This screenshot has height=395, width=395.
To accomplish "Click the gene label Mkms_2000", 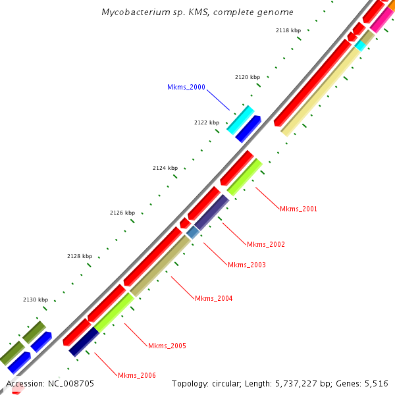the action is [x=186, y=87].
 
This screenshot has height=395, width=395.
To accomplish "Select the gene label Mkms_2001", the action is [x=298, y=209].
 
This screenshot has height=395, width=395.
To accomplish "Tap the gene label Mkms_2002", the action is [x=266, y=244].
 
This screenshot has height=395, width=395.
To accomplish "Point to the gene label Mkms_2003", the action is [x=247, y=265].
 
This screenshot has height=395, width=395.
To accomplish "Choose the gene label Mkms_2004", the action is [x=213, y=298].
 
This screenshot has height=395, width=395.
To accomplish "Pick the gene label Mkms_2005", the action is [x=167, y=346].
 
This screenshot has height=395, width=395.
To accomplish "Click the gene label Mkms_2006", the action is [x=137, y=375].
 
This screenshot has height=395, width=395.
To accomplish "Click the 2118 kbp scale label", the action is [x=288, y=30].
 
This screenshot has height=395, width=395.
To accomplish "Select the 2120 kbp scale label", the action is [x=248, y=77].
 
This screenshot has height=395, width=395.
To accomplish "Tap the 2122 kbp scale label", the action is [x=207, y=122].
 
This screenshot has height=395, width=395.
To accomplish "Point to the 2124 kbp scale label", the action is [x=165, y=168].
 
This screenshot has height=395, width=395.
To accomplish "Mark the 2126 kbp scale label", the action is [x=122, y=213].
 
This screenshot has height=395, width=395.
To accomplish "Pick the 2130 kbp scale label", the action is [x=36, y=300].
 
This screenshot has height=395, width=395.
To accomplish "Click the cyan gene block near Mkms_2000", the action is [x=240, y=119].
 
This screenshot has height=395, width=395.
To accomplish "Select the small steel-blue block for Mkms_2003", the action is [x=193, y=232].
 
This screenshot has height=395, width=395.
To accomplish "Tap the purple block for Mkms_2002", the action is [x=211, y=211].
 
